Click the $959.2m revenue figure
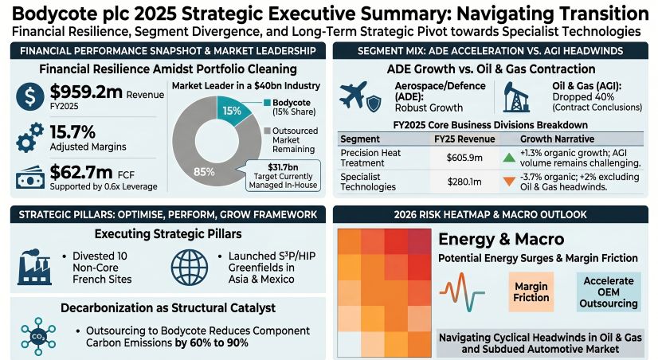click(x=86, y=93)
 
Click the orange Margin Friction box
click(x=531, y=292)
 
